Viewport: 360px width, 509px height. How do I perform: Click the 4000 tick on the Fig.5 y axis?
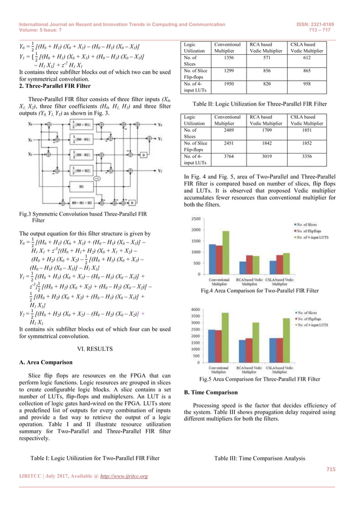[195, 310]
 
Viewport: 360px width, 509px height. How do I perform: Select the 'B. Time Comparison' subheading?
[207, 391]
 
